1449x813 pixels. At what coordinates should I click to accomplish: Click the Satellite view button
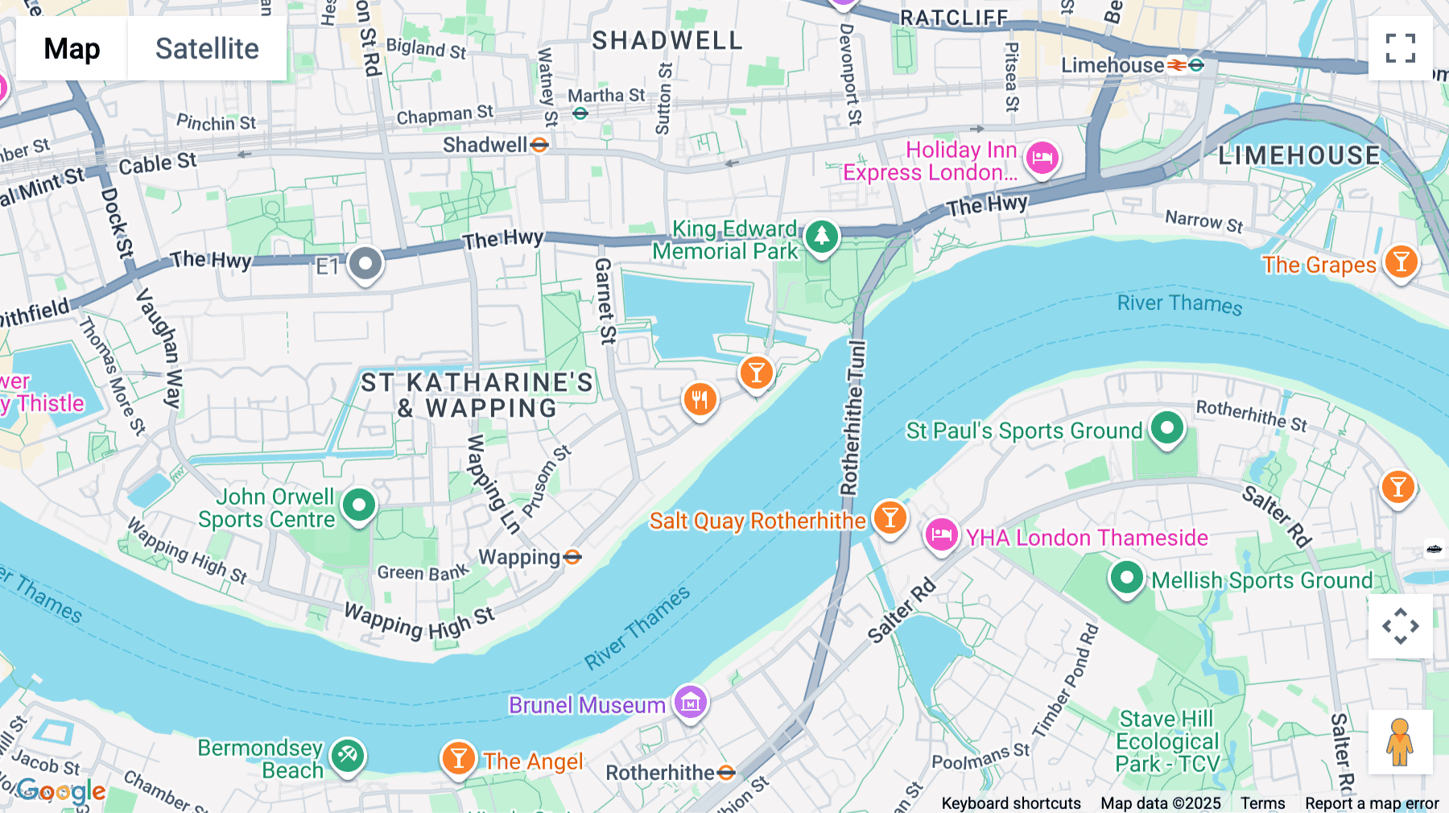(x=207, y=48)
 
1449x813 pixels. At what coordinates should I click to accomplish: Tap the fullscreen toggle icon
(x=1400, y=48)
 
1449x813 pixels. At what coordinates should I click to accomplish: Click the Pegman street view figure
(x=1400, y=741)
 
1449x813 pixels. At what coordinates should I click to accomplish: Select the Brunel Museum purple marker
(x=690, y=703)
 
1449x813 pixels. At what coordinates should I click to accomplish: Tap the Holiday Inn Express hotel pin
(x=1042, y=158)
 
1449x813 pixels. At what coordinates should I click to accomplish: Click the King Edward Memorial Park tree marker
(x=821, y=237)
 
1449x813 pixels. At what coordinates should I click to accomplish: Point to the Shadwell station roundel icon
(x=539, y=145)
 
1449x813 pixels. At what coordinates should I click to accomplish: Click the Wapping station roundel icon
(x=572, y=557)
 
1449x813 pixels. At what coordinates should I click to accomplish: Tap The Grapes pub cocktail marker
(x=1401, y=262)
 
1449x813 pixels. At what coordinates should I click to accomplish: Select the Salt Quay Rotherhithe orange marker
(x=890, y=518)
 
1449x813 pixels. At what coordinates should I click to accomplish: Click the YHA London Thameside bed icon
(x=941, y=534)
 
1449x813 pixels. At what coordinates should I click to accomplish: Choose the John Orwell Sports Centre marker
(x=359, y=506)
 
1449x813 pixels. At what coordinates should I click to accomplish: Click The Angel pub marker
(x=458, y=757)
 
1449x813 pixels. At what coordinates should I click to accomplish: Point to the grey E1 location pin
(x=365, y=264)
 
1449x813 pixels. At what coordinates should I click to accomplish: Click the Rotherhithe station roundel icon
(x=726, y=773)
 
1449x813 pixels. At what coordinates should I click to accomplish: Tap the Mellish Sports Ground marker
(x=1126, y=577)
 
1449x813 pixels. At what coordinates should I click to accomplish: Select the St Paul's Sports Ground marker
(x=1166, y=427)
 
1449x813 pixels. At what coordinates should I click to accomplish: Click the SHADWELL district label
(x=667, y=40)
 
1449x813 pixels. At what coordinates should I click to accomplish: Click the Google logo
(x=61, y=791)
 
